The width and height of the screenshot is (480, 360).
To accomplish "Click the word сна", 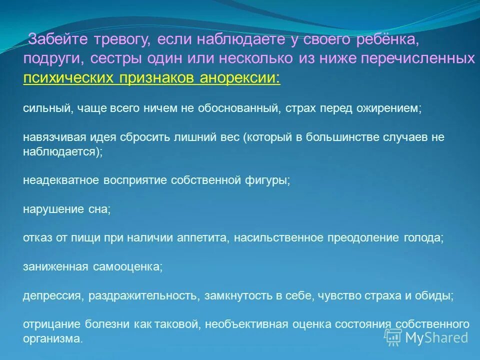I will tap(100, 209).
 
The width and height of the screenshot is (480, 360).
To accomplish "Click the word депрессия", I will tap(52, 295).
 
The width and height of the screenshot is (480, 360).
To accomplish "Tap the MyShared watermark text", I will tap(436, 337).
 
